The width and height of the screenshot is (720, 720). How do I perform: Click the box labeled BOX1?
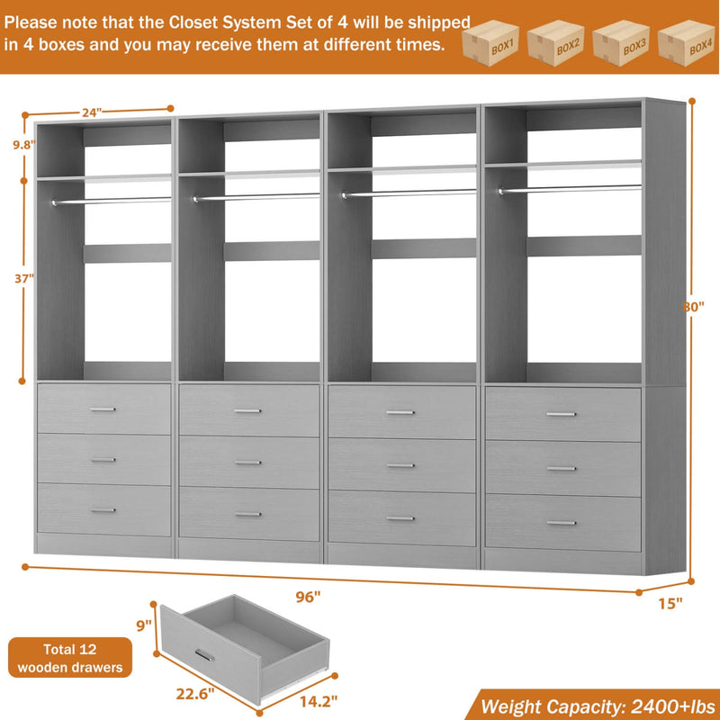pyautogui.click(x=491, y=42)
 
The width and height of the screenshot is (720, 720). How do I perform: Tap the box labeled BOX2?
pyautogui.click(x=556, y=42)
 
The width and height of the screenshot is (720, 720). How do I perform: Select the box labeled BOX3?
pyautogui.click(x=621, y=42)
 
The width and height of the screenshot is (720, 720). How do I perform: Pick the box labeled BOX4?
pyautogui.click(x=686, y=42)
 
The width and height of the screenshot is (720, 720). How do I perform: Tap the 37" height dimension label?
pyautogui.click(x=23, y=277)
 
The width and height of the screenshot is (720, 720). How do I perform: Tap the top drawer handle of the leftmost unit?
pyautogui.click(x=103, y=409)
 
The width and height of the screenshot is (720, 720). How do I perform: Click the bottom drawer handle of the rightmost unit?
pyautogui.click(x=562, y=523)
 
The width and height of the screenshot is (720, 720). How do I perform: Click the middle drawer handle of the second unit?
pyautogui.click(x=247, y=463)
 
